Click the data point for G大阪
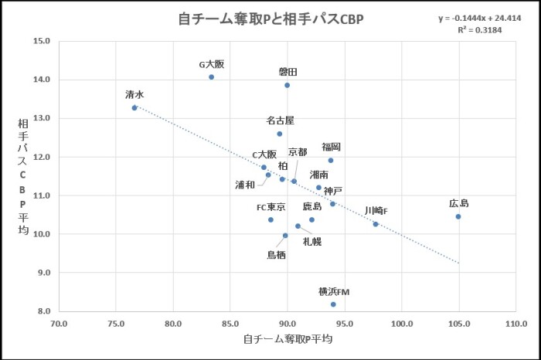tap(211, 77)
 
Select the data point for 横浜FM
tap(333, 304)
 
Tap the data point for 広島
tap(458, 216)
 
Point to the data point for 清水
tap(134, 107)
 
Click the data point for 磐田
tap(287, 85)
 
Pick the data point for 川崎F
tap(376, 224)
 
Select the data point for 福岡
tap(331, 161)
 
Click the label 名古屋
tap(280, 121)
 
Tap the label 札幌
tap(312, 241)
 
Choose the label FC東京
tap(271, 207)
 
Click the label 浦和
tap(246, 185)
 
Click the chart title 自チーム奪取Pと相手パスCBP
tap(270, 19)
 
